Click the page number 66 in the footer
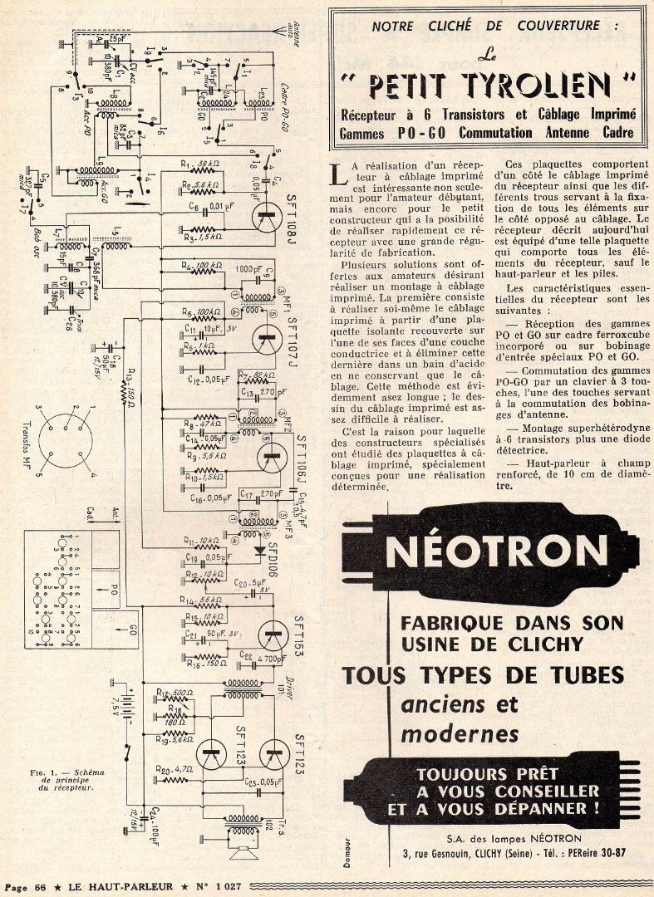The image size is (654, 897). [x=38, y=886]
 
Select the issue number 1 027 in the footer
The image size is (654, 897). [x=223, y=886]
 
